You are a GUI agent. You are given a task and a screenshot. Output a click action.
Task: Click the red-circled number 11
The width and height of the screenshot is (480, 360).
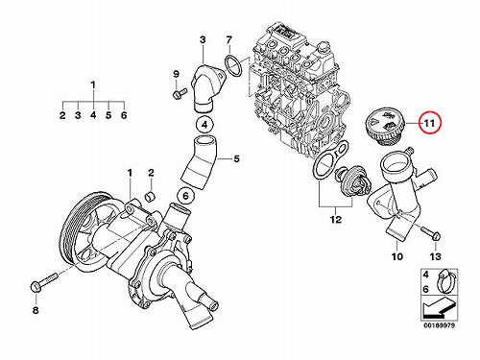point(430,123)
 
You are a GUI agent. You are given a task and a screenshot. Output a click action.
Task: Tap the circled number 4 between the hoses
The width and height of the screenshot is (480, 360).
point(205,125)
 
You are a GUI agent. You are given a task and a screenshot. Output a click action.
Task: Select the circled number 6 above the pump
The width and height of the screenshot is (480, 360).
point(186,196)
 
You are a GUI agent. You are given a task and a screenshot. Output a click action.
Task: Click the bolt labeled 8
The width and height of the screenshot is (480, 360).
point(44,281)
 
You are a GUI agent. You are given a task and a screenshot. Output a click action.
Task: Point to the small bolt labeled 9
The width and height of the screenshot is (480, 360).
point(179,93)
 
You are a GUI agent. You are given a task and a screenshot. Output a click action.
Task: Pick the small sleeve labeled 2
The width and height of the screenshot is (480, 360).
point(151,197)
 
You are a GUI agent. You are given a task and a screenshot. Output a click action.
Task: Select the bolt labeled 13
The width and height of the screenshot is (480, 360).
point(431,233)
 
